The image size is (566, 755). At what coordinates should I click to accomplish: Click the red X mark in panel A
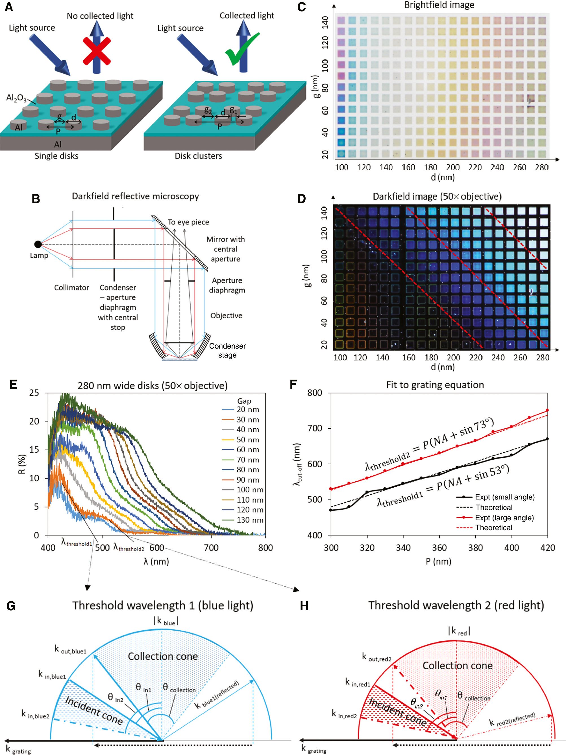click(97, 52)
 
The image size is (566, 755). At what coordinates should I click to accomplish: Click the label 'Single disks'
click(56, 156)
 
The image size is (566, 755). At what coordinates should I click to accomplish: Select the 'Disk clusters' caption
click(198, 156)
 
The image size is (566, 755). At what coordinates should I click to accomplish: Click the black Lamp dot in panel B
click(38, 244)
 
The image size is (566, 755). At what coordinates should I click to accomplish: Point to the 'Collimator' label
click(71, 287)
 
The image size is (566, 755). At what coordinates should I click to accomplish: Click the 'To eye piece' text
click(188, 222)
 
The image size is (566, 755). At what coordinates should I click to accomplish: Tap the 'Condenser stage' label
click(227, 350)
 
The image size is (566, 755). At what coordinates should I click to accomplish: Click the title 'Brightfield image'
click(439, 5)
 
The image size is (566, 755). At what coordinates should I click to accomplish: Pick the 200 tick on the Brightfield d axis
click(452, 167)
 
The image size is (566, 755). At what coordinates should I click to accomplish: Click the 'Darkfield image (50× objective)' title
click(437, 197)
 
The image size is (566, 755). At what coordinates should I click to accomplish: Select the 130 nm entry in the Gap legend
click(250, 520)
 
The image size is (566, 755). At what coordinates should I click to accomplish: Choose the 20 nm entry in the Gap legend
click(248, 409)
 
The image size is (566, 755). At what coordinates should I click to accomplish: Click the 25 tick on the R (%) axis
click(34, 393)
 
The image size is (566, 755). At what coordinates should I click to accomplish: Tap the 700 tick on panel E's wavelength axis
click(211, 547)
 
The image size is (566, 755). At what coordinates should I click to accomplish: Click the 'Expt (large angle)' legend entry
click(504, 518)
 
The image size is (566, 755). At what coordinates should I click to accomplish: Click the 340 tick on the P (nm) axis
click(403, 547)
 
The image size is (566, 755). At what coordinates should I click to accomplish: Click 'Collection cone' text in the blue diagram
click(163, 656)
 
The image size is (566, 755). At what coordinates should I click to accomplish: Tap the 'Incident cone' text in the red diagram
click(397, 712)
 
